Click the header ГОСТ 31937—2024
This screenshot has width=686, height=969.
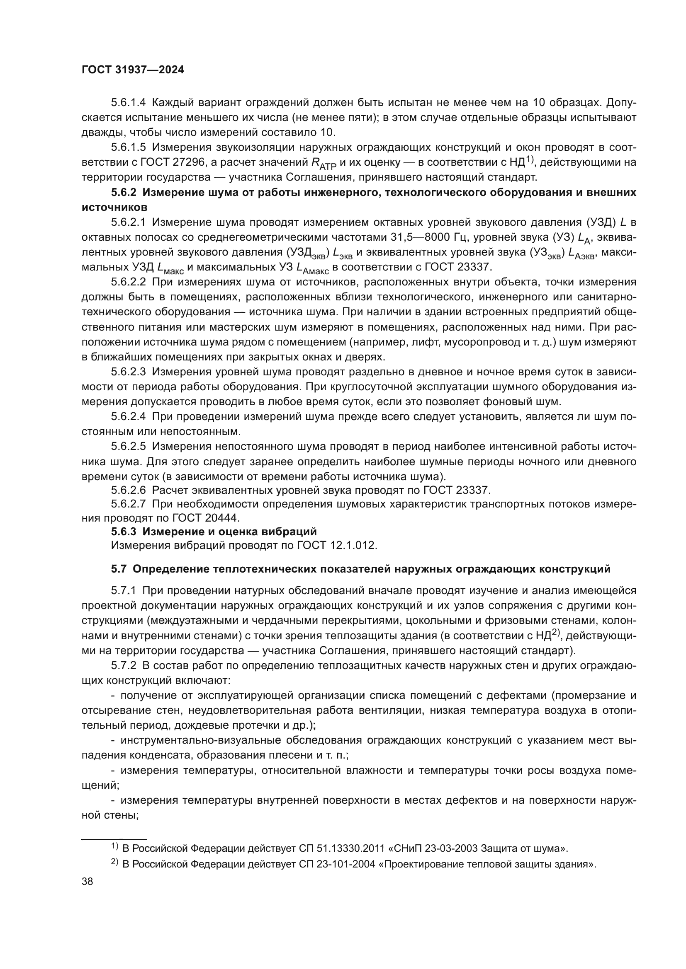point(133,70)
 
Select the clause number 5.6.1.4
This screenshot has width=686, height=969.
point(128,103)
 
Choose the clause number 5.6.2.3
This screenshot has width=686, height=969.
point(128,372)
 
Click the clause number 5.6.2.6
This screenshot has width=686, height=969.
point(128,491)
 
